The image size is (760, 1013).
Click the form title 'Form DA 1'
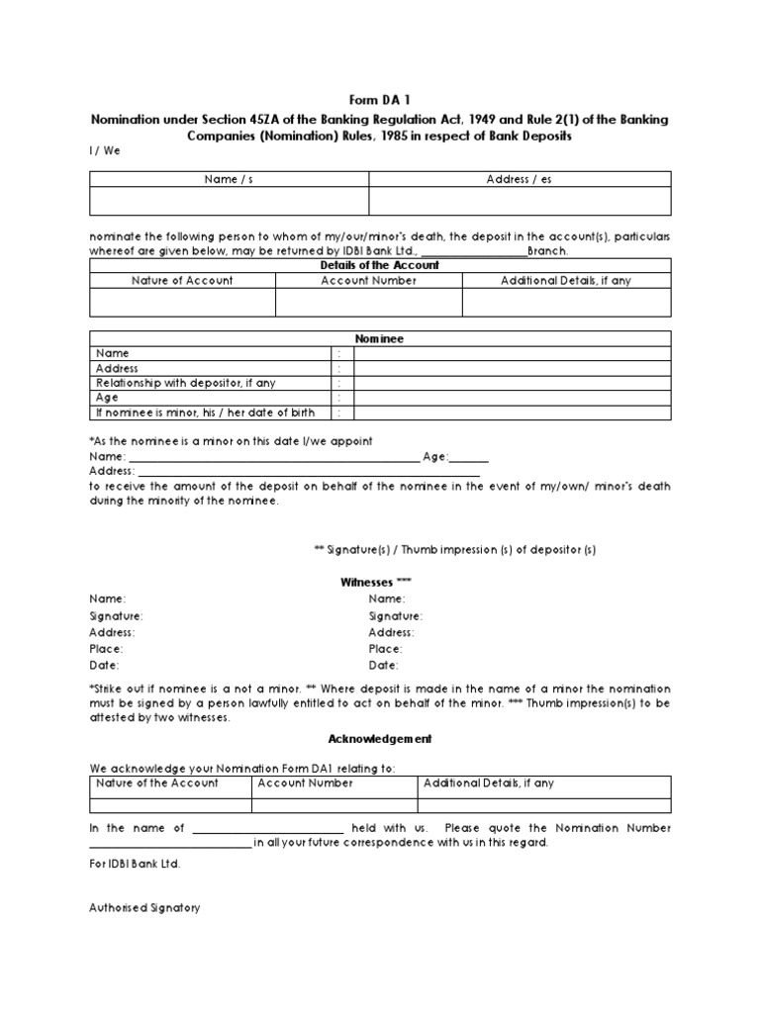(x=379, y=99)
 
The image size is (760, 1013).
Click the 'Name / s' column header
(x=230, y=179)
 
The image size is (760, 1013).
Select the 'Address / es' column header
(x=520, y=179)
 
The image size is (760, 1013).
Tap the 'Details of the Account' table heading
(x=380, y=265)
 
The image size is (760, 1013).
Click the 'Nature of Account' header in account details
(x=182, y=280)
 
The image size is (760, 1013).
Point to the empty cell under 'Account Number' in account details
(x=368, y=302)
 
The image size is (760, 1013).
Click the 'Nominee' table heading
(x=380, y=338)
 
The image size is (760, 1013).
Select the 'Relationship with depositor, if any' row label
(x=185, y=383)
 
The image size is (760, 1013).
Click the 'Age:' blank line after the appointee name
(x=470, y=457)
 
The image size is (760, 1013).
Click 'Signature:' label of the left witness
(x=117, y=615)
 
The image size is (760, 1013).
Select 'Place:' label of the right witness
(x=386, y=648)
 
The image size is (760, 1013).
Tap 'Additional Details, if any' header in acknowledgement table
(x=489, y=783)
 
